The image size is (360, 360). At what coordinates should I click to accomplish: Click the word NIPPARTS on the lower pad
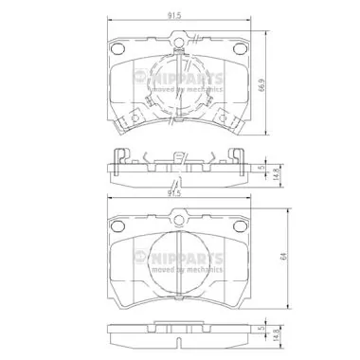pos(190,258)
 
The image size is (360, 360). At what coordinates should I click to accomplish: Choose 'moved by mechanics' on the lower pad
pos(190,269)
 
